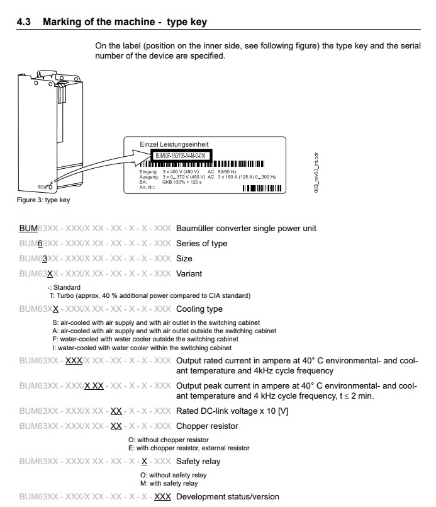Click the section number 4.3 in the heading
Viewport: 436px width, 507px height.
(x=24, y=22)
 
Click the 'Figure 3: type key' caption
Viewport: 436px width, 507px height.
(x=43, y=200)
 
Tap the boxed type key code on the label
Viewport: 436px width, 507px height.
(x=180, y=155)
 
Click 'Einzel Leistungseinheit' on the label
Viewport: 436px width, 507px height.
(x=174, y=144)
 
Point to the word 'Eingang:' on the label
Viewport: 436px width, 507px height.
(x=149, y=171)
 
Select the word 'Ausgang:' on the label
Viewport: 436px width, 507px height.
(x=149, y=177)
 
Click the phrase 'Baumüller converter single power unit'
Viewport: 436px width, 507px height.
(x=246, y=229)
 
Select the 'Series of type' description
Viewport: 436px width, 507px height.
(x=201, y=244)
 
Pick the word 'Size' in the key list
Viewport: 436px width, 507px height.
(x=184, y=259)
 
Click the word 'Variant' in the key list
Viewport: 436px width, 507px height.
(x=189, y=274)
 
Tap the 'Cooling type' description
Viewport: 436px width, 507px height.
(x=199, y=309)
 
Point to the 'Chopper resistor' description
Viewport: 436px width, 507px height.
(x=207, y=426)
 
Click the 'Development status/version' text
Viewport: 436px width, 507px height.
(x=227, y=497)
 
